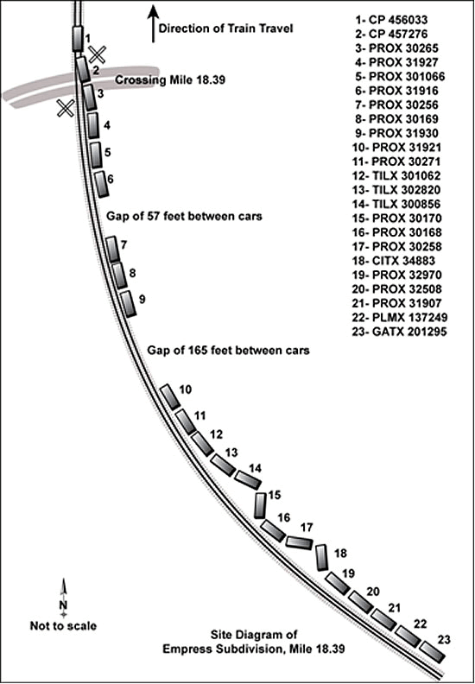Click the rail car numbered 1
coord(77,39)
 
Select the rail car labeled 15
coord(261,505)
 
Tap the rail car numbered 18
coord(321,557)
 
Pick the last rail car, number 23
coord(434,652)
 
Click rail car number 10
coord(170,397)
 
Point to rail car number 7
coord(113,249)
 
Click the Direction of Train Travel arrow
coord(153,23)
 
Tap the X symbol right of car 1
coord(97,54)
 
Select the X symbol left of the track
coord(66,108)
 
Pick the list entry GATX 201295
coord(399,332)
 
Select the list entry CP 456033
coord(392,20)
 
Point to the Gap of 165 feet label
coord(228,351)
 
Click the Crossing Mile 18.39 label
coord(170,79)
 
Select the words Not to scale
coord(63,625)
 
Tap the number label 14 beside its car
coord(255,468)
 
